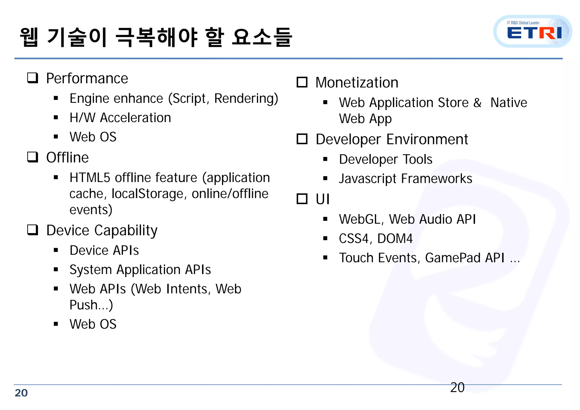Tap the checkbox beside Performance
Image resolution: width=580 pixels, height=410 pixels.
(x=33, y=78)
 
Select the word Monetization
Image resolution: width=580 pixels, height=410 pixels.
(x=357, y=83)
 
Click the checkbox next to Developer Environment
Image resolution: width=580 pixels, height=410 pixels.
(x=302, y=139)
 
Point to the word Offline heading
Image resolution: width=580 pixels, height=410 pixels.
(x=67, y=157)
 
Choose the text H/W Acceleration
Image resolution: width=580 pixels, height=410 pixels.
(x=120, y=118)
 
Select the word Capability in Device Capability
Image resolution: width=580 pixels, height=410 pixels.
(x=126, y=230)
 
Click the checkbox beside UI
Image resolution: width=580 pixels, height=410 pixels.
(x=302, y=199)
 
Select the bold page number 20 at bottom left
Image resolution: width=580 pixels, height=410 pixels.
(x=21, y=393)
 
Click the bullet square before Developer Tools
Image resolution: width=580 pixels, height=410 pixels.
(x=325, y=159)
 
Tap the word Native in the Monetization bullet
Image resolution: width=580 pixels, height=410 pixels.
(x=509, y=103)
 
